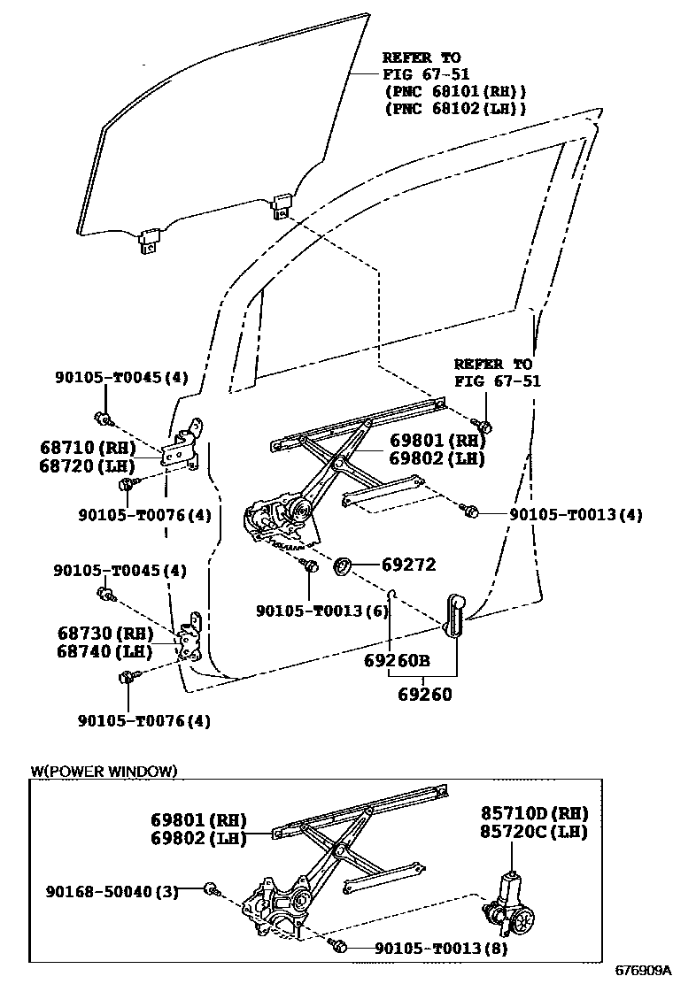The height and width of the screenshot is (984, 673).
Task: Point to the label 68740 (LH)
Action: point(107,652)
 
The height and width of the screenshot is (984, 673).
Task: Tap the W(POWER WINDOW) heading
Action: point(104,771)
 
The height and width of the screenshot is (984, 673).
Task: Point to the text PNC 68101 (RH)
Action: point(455,91)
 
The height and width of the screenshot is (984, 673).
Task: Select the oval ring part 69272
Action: point(342,565)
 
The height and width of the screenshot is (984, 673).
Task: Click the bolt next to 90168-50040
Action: point(211,889)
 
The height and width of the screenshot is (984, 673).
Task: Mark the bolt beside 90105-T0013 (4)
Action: point(472,512)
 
